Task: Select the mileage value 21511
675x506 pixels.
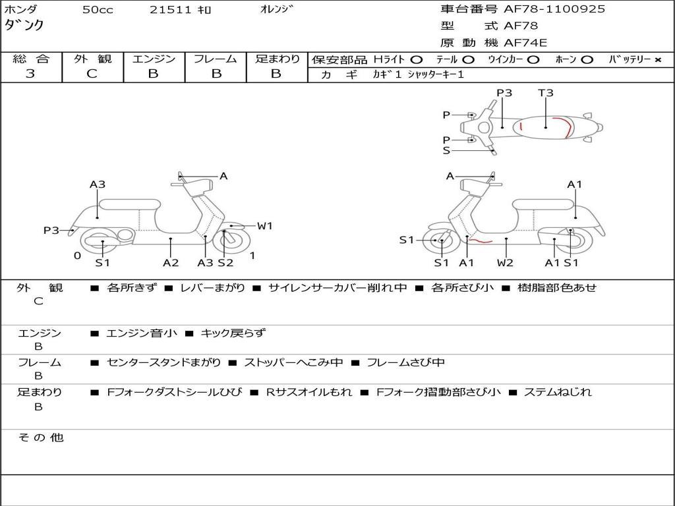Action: (170, 10)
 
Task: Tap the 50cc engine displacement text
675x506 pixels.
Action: (98, 10)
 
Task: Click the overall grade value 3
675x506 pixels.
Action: (30, 74)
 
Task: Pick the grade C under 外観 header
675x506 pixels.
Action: (92, 74)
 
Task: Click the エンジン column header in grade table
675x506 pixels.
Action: (154, 59)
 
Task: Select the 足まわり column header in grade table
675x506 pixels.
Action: (278, 59)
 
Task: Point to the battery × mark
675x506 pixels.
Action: (657, 59)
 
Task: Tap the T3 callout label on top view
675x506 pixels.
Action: (545, 93)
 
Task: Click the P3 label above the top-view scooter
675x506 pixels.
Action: (504, 93)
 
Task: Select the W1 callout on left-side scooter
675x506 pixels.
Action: (264, 226)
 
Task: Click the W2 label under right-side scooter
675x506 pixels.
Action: (506, 263)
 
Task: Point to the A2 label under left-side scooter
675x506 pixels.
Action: (171, 263)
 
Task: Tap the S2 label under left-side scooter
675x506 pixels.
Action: (225, 263)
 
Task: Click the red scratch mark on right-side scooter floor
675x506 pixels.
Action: (481, 242)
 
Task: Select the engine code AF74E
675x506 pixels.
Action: (525, 43)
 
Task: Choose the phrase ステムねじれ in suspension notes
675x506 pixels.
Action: (558, 392)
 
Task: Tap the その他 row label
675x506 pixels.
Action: (41, 437)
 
